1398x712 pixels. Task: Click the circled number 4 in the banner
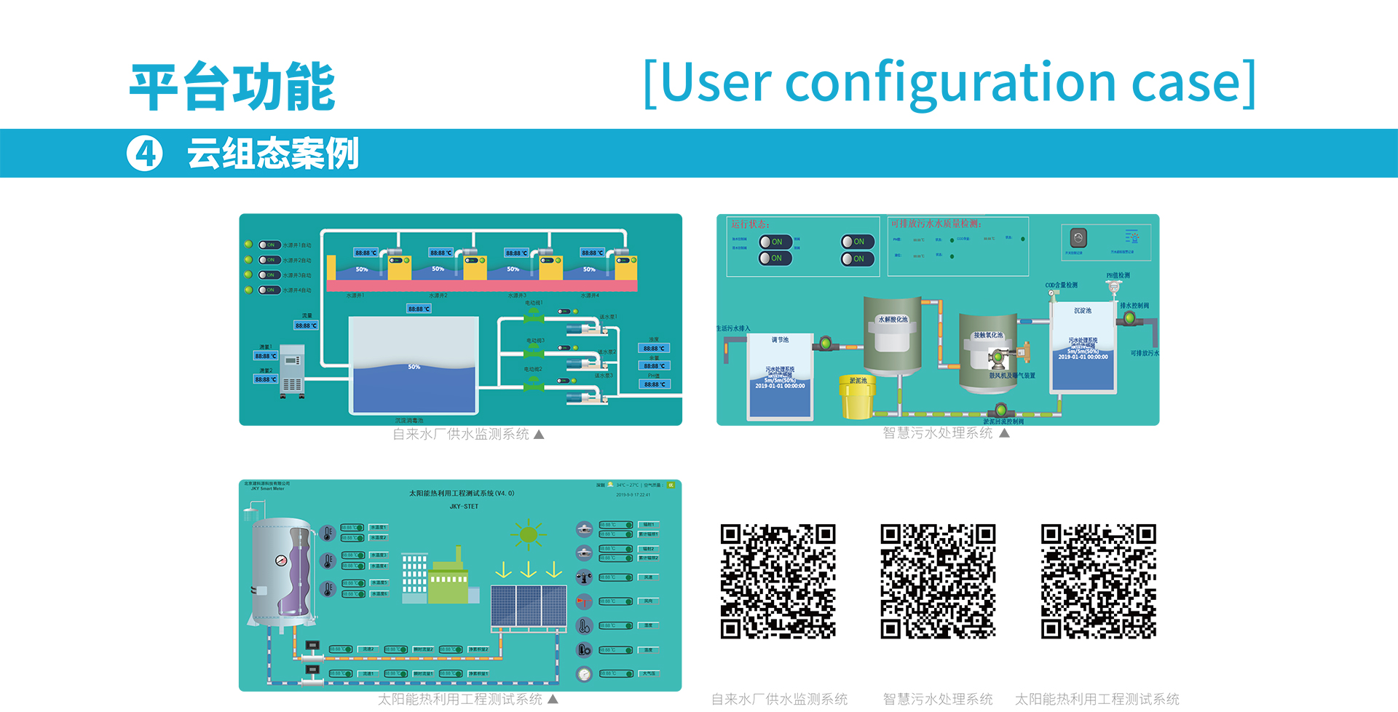(145, 154)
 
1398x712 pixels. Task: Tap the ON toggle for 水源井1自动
(269, 245)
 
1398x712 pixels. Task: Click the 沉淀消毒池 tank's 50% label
(414, 367)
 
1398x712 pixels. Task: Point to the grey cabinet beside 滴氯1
(292, 369)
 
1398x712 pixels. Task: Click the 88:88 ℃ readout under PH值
(655, 384)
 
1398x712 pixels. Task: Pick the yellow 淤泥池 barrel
(857, 397)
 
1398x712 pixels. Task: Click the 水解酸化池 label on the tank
(893, 320)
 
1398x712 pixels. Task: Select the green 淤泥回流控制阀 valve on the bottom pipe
(1000, 411)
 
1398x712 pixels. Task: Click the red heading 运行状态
(750, 224)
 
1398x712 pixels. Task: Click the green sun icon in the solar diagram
(529, 535)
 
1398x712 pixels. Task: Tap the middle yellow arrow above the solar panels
(529, 569)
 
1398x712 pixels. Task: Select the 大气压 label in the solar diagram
(649, 673)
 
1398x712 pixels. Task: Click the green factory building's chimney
(458, 554)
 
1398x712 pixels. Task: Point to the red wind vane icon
(584, 601)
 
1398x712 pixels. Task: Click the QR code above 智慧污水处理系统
(938, 581)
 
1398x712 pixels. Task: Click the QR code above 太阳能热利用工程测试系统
(1098, 581)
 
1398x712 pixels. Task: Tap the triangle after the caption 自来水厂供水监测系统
(539, 435)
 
